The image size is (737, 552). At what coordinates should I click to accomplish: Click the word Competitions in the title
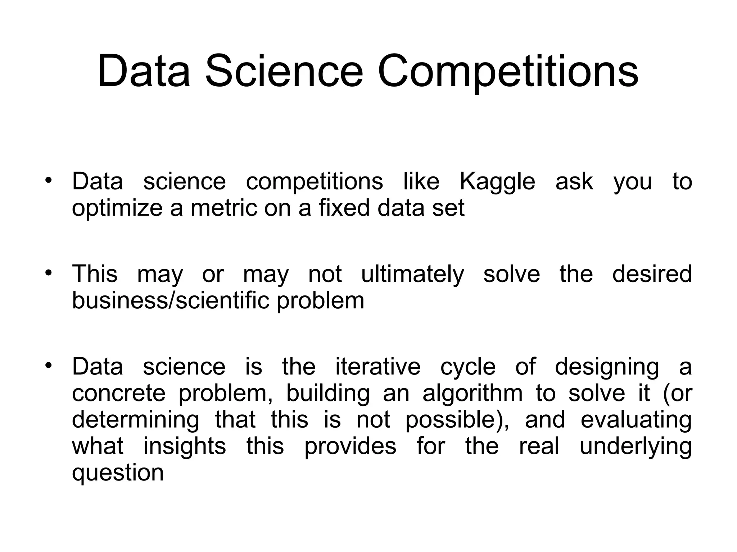(508, 71)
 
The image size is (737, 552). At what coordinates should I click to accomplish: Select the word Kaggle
(497, 182)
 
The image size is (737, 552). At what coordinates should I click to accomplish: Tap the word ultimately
(412, 275)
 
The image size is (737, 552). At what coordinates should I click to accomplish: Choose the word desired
(652, 274)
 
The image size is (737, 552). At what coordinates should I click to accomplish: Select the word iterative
(378, 367)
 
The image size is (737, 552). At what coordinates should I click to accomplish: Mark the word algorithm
(473, 394)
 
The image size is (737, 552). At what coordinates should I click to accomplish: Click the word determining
(135, 420)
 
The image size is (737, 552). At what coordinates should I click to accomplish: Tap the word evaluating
(636, 420)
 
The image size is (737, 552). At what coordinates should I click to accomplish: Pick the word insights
(185, 446)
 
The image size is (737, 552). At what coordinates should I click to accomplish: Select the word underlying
(636, 447)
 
